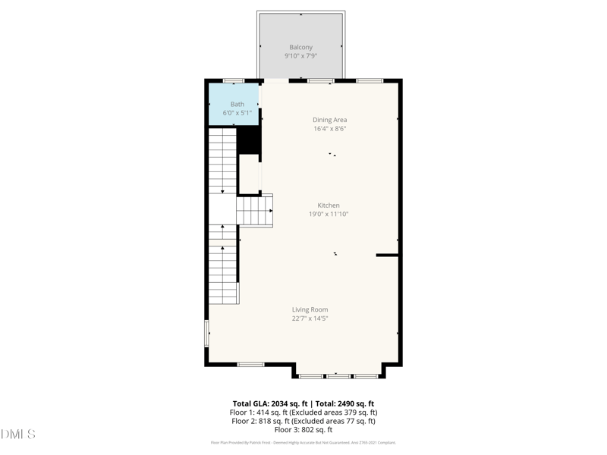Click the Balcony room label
(x=300, y=47)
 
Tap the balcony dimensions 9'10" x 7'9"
(x=300, y=56)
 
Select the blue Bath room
(x=234, y=105)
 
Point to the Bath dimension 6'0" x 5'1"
(x=237, y=113)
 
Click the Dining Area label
(x=329, y=120)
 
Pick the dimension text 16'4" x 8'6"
(x=329, y=129)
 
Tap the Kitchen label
(x=329, y=206)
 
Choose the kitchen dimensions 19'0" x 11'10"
(x=329, y=215)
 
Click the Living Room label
(x=310, y=309)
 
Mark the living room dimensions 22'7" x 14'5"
(x=310, y=318)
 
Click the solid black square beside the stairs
(x=249, y=140)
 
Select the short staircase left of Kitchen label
(x=254, y=210)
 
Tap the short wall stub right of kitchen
(x=387, y=256)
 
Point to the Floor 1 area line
(x=303, y=413)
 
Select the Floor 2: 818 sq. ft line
(x=303, y=421)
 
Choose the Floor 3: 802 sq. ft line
(x=303, y=430)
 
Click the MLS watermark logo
(x=18, y=435)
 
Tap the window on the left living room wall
(x=206, y=334)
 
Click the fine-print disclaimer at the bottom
(x=303, y=443)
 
